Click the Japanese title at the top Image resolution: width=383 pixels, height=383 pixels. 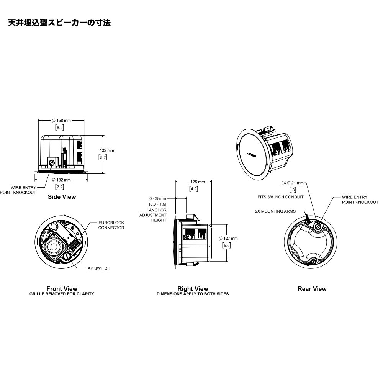click(59, 23)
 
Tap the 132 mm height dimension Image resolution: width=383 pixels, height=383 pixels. click(106, 151)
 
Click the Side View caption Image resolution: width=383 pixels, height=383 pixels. click(62, 197)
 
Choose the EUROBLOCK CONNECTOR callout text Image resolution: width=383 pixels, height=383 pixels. click(111, 225)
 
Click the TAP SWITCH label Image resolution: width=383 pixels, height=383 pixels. click(98, 268)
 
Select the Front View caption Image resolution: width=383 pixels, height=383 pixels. click(62, 289)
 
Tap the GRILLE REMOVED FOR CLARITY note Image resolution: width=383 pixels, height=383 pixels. click(62, 294)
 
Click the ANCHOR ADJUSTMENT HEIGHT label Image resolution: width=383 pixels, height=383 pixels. click(157, 215)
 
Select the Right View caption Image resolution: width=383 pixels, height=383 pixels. click(193, 289)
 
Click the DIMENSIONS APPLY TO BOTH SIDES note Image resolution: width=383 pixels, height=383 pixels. click(193, 294)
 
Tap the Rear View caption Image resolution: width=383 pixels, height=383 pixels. click(312, 289)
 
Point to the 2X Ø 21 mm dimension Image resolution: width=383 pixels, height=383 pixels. click(292, 183)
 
